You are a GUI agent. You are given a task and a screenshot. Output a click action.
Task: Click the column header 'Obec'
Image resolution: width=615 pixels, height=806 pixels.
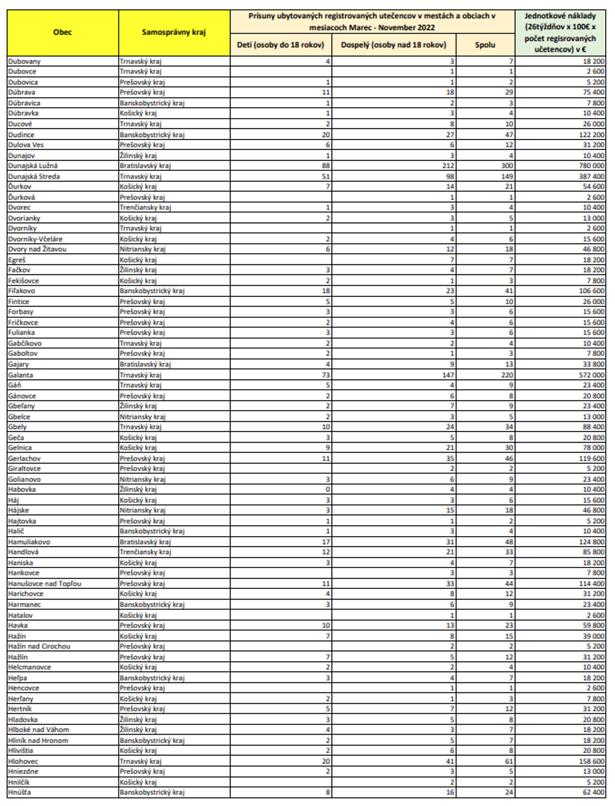pos(62,33)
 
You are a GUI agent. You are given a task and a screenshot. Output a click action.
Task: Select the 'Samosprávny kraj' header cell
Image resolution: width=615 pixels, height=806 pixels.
pos(174,33)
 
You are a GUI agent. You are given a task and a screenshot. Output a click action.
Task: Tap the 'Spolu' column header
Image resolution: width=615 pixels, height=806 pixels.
pos(485,45)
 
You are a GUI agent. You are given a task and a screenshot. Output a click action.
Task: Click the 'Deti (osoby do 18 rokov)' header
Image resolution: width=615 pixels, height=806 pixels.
pos(280,45)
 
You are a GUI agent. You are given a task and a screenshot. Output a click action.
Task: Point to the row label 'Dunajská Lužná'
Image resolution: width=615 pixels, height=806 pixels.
pos(33,165)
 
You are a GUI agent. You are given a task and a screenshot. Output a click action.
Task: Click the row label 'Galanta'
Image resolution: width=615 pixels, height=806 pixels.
pos(21,374)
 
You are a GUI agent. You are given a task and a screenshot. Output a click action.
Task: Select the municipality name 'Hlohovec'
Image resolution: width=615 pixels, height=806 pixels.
pos(23,761)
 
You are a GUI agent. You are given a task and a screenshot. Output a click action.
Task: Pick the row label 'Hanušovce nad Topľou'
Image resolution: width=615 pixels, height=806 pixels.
pos(44,583)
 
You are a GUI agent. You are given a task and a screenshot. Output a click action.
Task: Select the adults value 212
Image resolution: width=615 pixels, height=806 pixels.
pos(448,165)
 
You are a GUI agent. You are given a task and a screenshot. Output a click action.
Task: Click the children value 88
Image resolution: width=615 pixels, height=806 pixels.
pos(326,165)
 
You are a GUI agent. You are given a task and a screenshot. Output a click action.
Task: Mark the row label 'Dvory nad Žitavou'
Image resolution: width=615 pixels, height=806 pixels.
pos(37,249)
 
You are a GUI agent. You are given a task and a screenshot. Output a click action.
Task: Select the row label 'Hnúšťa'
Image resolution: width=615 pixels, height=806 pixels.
pos(20,792)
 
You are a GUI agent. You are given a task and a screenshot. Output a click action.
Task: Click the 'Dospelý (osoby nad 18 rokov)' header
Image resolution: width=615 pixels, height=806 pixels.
pos(394,45)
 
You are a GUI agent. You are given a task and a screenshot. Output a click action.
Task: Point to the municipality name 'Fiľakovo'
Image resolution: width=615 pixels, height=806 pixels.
pos(22,291)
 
